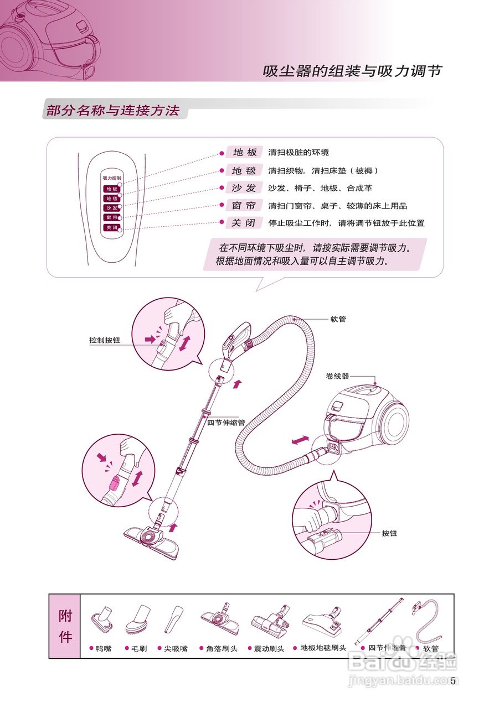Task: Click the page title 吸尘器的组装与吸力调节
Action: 352,71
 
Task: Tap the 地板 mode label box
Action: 244,153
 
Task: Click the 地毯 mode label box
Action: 244,170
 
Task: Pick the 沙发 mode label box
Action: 244,188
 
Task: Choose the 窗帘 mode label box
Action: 244,206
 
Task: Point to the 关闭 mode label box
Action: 244,223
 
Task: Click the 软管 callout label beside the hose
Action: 338,319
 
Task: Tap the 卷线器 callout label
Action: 338,376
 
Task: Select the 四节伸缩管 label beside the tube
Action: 226,422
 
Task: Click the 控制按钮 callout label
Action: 105,341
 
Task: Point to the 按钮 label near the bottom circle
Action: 389,533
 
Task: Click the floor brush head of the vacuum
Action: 151,539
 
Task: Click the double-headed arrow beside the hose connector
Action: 300,440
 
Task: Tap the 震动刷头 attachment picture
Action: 270,621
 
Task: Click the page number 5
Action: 453,681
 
